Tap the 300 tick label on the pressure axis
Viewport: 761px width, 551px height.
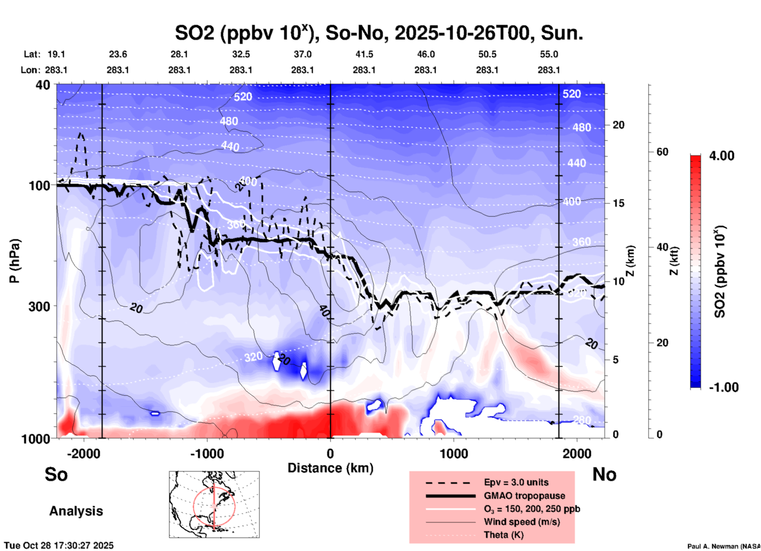(39, 306)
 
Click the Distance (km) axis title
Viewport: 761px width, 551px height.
(330, 468)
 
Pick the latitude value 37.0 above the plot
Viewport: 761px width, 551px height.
(302, 54)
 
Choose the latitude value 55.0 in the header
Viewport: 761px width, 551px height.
(548, 54)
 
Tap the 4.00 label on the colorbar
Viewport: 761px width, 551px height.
(721, 156)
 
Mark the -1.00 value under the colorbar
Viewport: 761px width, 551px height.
(723, 387)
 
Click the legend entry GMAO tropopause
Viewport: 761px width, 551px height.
(524, 496)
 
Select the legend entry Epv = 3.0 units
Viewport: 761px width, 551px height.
(516, 482)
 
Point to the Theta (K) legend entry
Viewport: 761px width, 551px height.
(503, 535)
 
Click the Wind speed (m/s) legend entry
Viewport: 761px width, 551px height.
(522, 522)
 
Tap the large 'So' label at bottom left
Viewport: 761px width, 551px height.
(56, 474)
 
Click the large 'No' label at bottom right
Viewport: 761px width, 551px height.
(604, 474)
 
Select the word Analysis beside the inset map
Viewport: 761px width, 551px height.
(76, 511)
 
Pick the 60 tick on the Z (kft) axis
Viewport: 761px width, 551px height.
(662, 152)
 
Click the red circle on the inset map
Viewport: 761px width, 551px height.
(194, 506)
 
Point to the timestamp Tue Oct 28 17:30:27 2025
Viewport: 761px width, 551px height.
(59, 545)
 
